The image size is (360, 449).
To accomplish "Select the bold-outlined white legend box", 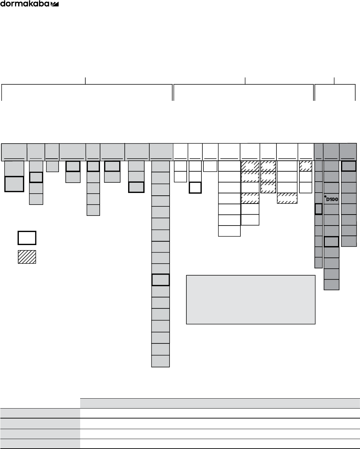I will click(27, 238).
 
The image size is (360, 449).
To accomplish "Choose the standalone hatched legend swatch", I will click(27, 257).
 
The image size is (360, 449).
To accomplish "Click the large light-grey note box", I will click(250, 299).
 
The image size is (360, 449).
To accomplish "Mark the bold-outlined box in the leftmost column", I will click(14, 184).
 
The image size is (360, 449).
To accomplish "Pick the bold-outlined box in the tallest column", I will click(160, 280).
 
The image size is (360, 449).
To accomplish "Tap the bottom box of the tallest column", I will click(160, 361).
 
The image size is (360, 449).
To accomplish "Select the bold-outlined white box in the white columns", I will click(195, 188).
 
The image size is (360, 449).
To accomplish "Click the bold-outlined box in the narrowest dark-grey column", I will click(318, 209).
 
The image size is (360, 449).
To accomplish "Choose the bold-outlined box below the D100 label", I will click(331, 242).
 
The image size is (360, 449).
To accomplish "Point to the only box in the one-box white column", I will click(210, 166).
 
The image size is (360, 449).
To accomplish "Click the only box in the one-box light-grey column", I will click(52, 166).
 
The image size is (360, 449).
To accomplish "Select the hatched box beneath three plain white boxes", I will click(287, 198).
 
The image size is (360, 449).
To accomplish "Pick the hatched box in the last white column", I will click(305, 166).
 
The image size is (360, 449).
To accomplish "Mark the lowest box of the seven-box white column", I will click(229, 231).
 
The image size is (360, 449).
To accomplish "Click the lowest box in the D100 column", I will click(331, 284).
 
